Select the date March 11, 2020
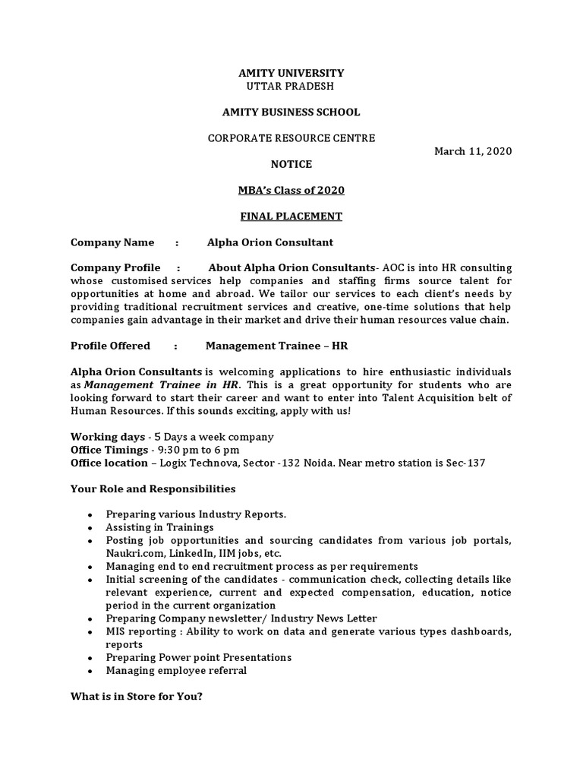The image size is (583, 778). pyautogui.click(x=473, y=151)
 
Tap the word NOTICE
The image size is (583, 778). pyautogui.click(x=291, y=164)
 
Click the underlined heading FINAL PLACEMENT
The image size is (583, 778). pyautogui.click(x=291, y=217)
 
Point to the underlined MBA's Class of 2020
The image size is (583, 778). pyautogui.click(x=291, y=190)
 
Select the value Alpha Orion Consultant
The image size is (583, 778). pyautogui.click(x=270, y=242)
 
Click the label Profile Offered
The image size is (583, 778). pyautogui.click(x=110, y=346)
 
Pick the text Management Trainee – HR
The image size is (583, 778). pyautogui.click(x=276, y=346)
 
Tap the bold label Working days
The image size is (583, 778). pyautogui.click(x=107, y=437)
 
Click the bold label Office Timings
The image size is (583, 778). pyautogui.click(x=109, y=450)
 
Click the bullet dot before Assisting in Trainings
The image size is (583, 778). pyautogui.click(x=90, y=528)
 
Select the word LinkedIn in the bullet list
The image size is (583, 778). pyautogui.click(x=189, y=553)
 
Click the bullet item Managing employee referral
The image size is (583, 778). pyautogui.click(x=176, y=671)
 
